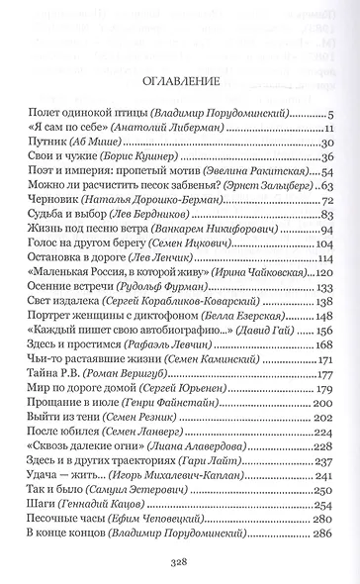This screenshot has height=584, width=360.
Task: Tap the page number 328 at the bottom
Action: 179,560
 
